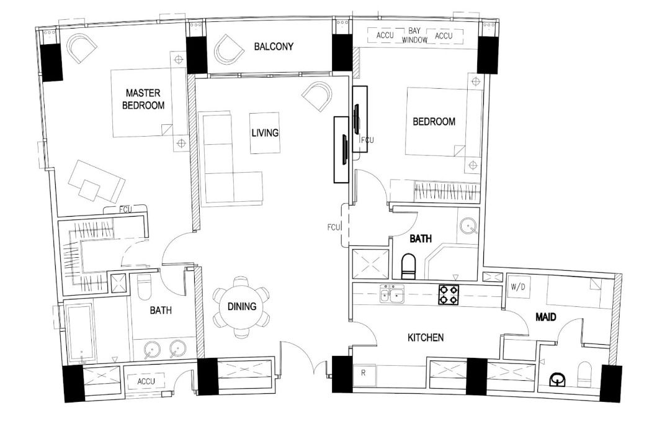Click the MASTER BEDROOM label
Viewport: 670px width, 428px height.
[143, 99]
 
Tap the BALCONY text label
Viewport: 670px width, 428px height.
[273, 47]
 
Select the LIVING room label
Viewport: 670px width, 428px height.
[265, 132]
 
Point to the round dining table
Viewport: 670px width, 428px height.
[241, 306]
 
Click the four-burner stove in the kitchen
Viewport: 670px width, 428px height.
[448, 294]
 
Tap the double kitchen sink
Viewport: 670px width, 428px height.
[392, 294]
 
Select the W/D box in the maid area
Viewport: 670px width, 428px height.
[517, 288]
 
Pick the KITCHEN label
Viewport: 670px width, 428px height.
[425, 338]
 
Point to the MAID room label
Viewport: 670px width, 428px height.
[545, 317]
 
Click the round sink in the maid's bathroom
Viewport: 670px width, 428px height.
[559, 378]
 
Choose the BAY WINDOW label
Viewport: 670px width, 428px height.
[415, 35]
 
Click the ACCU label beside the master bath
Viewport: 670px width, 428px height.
[146, 381]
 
